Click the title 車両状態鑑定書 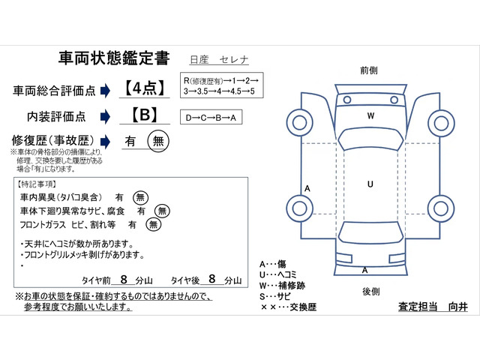tap(114, 58)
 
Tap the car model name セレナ tap(234, 59)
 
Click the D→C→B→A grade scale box tap(211, 118)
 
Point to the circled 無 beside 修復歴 tap(157, 141)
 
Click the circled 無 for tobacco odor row tap(140, 197)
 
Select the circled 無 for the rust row tap(160, 211)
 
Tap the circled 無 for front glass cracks tap(153, 224)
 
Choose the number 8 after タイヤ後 tap(211, 279)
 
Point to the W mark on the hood tap(370, 116)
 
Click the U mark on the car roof tap(370, 184)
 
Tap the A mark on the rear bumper tap(365, 269)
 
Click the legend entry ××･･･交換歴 tap(287, 307)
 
